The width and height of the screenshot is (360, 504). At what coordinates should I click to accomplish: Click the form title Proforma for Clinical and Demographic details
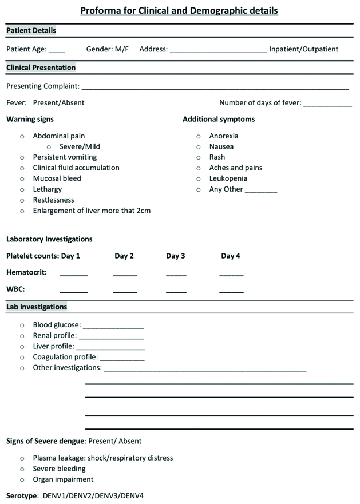coord(179,10)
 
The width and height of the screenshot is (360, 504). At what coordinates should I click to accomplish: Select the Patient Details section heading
coord(31,30)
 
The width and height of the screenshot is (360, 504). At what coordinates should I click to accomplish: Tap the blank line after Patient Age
coord(57,51)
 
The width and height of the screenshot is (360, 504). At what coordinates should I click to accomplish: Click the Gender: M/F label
coord(107,49)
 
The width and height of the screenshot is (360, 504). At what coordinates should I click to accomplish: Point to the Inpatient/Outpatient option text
coord(303,49)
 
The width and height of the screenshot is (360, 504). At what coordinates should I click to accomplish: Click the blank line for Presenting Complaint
coord(215,89)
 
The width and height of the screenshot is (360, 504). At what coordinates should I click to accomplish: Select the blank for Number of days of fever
coord(327,105)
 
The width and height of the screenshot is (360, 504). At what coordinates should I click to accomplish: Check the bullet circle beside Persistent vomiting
coord(22,157)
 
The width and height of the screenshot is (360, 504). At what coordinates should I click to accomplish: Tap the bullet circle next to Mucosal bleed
coord(22,178)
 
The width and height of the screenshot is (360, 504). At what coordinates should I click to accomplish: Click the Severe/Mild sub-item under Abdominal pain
coord(80,146)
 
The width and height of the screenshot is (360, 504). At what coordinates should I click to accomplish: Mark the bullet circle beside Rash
coord(199,157)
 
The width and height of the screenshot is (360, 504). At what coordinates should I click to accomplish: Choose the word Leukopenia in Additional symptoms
coord(228,178)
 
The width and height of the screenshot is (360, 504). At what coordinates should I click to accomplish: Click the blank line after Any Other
coord(261,192)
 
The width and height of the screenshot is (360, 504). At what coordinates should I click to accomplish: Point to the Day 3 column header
coord(176,256)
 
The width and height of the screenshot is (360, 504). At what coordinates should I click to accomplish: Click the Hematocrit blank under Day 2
coord(125,275)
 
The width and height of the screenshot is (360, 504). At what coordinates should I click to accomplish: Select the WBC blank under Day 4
coord(231,292)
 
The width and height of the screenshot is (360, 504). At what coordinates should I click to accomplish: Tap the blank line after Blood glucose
coord(113,327)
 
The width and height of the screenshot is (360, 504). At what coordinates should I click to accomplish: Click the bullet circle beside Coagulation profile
coord(22,357)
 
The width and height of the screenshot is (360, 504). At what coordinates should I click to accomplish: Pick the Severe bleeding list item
coord(59,469)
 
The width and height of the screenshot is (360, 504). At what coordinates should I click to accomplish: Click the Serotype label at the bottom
coord(22,495)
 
